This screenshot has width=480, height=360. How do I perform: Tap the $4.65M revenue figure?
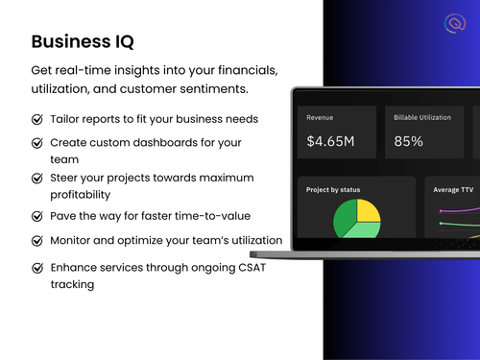click(330, 141)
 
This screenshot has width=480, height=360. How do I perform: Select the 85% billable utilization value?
click(409, 141)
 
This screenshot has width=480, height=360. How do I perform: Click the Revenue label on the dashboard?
click(320, 117)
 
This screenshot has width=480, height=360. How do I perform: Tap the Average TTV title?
click(455, 190)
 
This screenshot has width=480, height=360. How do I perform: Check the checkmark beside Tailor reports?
click(37, 120)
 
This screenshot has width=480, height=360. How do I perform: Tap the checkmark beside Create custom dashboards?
click(37, 142)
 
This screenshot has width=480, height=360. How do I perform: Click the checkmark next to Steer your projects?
click(37, 180)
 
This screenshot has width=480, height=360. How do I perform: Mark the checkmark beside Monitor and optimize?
click(37, 240)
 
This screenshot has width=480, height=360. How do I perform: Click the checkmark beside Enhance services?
click(37, 268)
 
